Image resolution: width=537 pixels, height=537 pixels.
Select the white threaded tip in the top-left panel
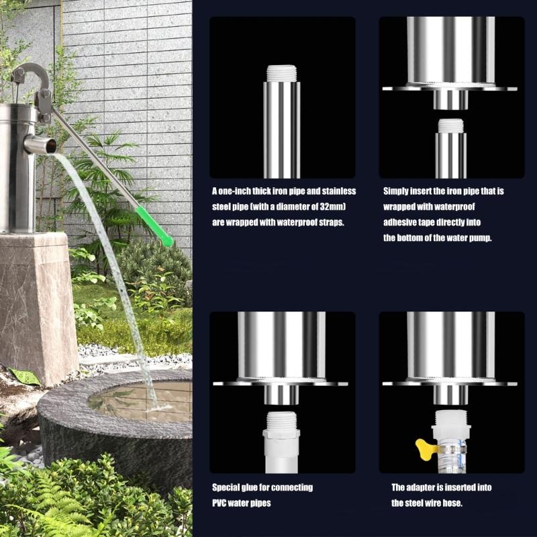coord(281,73)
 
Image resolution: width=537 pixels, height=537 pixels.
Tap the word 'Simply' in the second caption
coord(399,192)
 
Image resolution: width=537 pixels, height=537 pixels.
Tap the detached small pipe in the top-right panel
coord(451,148)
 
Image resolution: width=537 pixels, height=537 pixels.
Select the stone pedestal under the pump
coord(34,302)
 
